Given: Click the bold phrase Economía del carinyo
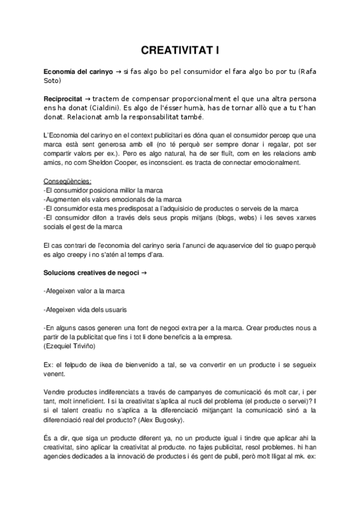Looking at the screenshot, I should pyautogui.click(x=78, y=72).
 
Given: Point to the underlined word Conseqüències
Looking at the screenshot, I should pyautogui.click(x=68, y=181).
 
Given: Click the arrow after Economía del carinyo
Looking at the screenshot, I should pyautogui.click(x=118, y=72).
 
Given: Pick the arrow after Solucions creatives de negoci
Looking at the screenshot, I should pyautogui.click(x=142, y=273).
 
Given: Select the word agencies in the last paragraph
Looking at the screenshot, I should pyautogui.click(x=63, y=455).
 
